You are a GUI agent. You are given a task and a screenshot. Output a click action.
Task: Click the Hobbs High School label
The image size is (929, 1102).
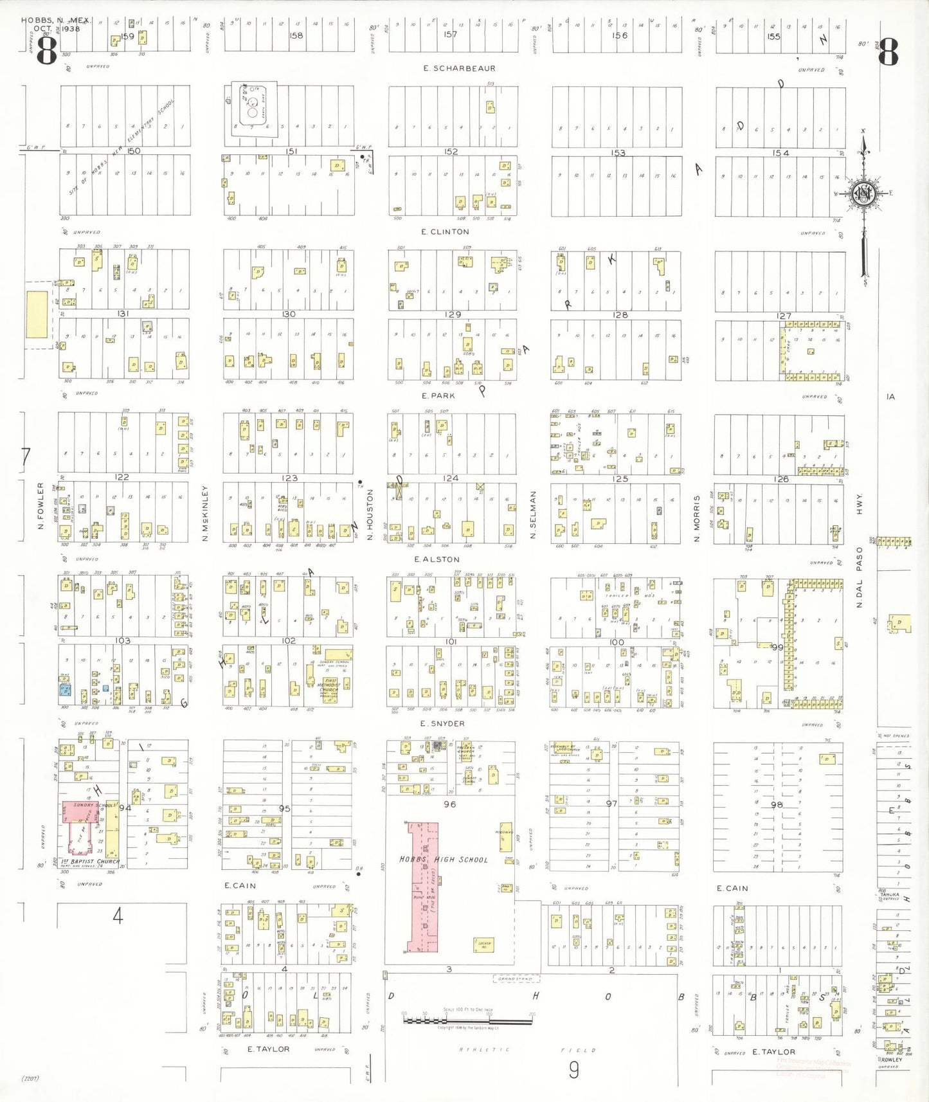click(x=444, y=859)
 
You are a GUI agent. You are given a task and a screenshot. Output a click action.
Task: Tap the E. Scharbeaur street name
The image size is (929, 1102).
click(x=450, y=68)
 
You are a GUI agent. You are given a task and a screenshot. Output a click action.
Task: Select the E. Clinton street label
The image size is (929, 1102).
click(x=445, y=231)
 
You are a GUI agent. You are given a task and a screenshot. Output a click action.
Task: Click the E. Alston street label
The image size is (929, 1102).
click(x=437, y=559)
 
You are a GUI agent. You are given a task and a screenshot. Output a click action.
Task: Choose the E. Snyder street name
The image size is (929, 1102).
click(x=442, y=723)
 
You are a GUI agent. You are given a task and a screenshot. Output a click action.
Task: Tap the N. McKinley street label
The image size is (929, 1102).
click(x=205, y=513)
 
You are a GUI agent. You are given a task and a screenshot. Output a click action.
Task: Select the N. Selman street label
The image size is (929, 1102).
click(x=533, y=514)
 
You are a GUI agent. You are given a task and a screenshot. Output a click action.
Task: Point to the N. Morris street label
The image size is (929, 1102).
click(x=696, y=518)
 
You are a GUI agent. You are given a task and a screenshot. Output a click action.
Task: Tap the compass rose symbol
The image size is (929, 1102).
click(x=863, y=194)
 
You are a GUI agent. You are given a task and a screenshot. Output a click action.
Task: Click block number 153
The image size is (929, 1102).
click(x=618, y=153)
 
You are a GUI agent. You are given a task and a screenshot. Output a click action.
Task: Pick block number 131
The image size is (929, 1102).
click(x=123, y=314)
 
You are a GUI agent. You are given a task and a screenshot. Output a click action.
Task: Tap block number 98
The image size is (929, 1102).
click(x=777, y=804)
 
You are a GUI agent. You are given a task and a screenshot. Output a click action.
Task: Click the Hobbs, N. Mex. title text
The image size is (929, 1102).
click(x=57, y=20)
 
